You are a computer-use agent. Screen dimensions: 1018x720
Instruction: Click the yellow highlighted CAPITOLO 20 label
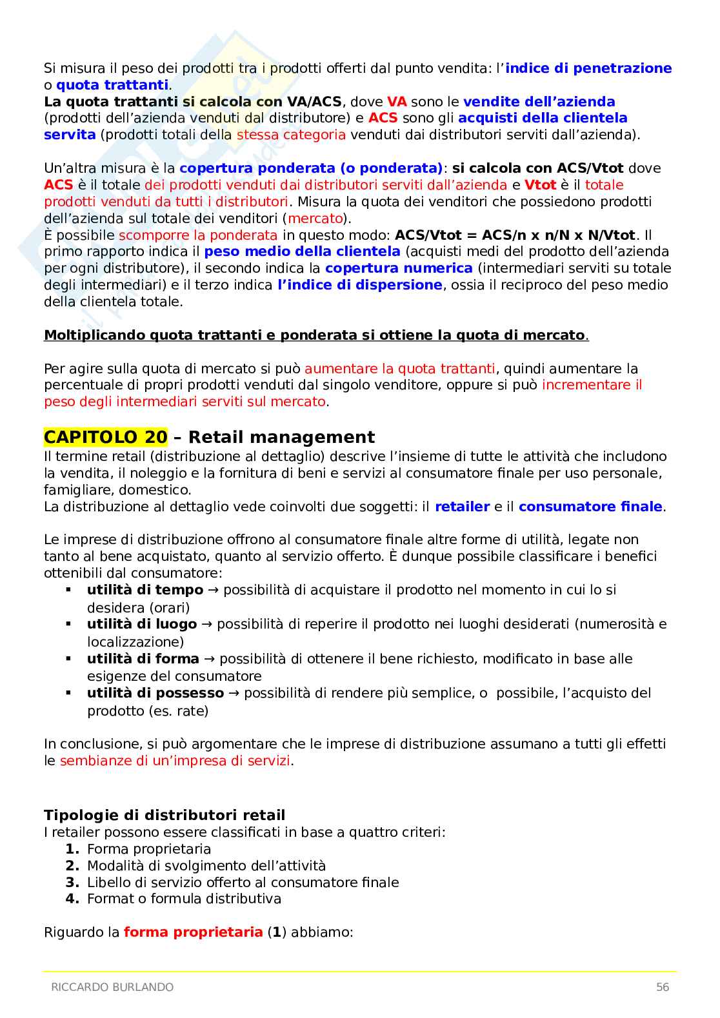(x=105, y=437)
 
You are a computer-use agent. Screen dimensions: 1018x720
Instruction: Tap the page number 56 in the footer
(x=662, y=987)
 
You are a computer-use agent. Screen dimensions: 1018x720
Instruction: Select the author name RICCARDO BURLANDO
(x=112, y=987)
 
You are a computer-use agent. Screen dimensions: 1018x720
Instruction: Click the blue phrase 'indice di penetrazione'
(x=588, y=68)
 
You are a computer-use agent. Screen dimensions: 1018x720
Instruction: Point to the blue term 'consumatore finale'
(x=590, y=507)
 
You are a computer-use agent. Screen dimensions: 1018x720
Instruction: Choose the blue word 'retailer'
(x=462, y=507)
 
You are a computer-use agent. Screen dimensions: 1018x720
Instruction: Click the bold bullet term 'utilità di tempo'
(x=145, y=590)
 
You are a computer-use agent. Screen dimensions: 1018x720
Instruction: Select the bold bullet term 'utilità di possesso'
(x=155, y=693)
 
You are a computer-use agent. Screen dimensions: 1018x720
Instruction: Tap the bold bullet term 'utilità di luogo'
(x=142, y=624)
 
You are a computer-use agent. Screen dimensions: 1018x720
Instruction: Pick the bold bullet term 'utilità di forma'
(x=143, y=659)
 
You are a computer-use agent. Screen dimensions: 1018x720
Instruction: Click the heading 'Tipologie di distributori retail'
(x=165, y=815)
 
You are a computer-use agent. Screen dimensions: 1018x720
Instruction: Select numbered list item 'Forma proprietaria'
(x=149, y=849)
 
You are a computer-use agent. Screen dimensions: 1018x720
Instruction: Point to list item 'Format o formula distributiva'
(x=184, y=899)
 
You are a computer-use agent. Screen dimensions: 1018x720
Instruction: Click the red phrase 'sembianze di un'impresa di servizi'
(x=175, y=761)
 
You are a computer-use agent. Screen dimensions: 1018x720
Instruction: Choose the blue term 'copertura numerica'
(x=399, y=268)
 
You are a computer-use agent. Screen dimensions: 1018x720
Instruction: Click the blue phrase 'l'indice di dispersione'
(x=360, y=285)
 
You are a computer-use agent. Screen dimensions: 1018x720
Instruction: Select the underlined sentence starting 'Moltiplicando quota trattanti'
(x=315, y=335)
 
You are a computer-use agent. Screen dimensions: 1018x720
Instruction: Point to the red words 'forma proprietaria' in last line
(x=193, y=932)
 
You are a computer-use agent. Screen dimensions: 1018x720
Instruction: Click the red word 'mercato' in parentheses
(x=315, y=219)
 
